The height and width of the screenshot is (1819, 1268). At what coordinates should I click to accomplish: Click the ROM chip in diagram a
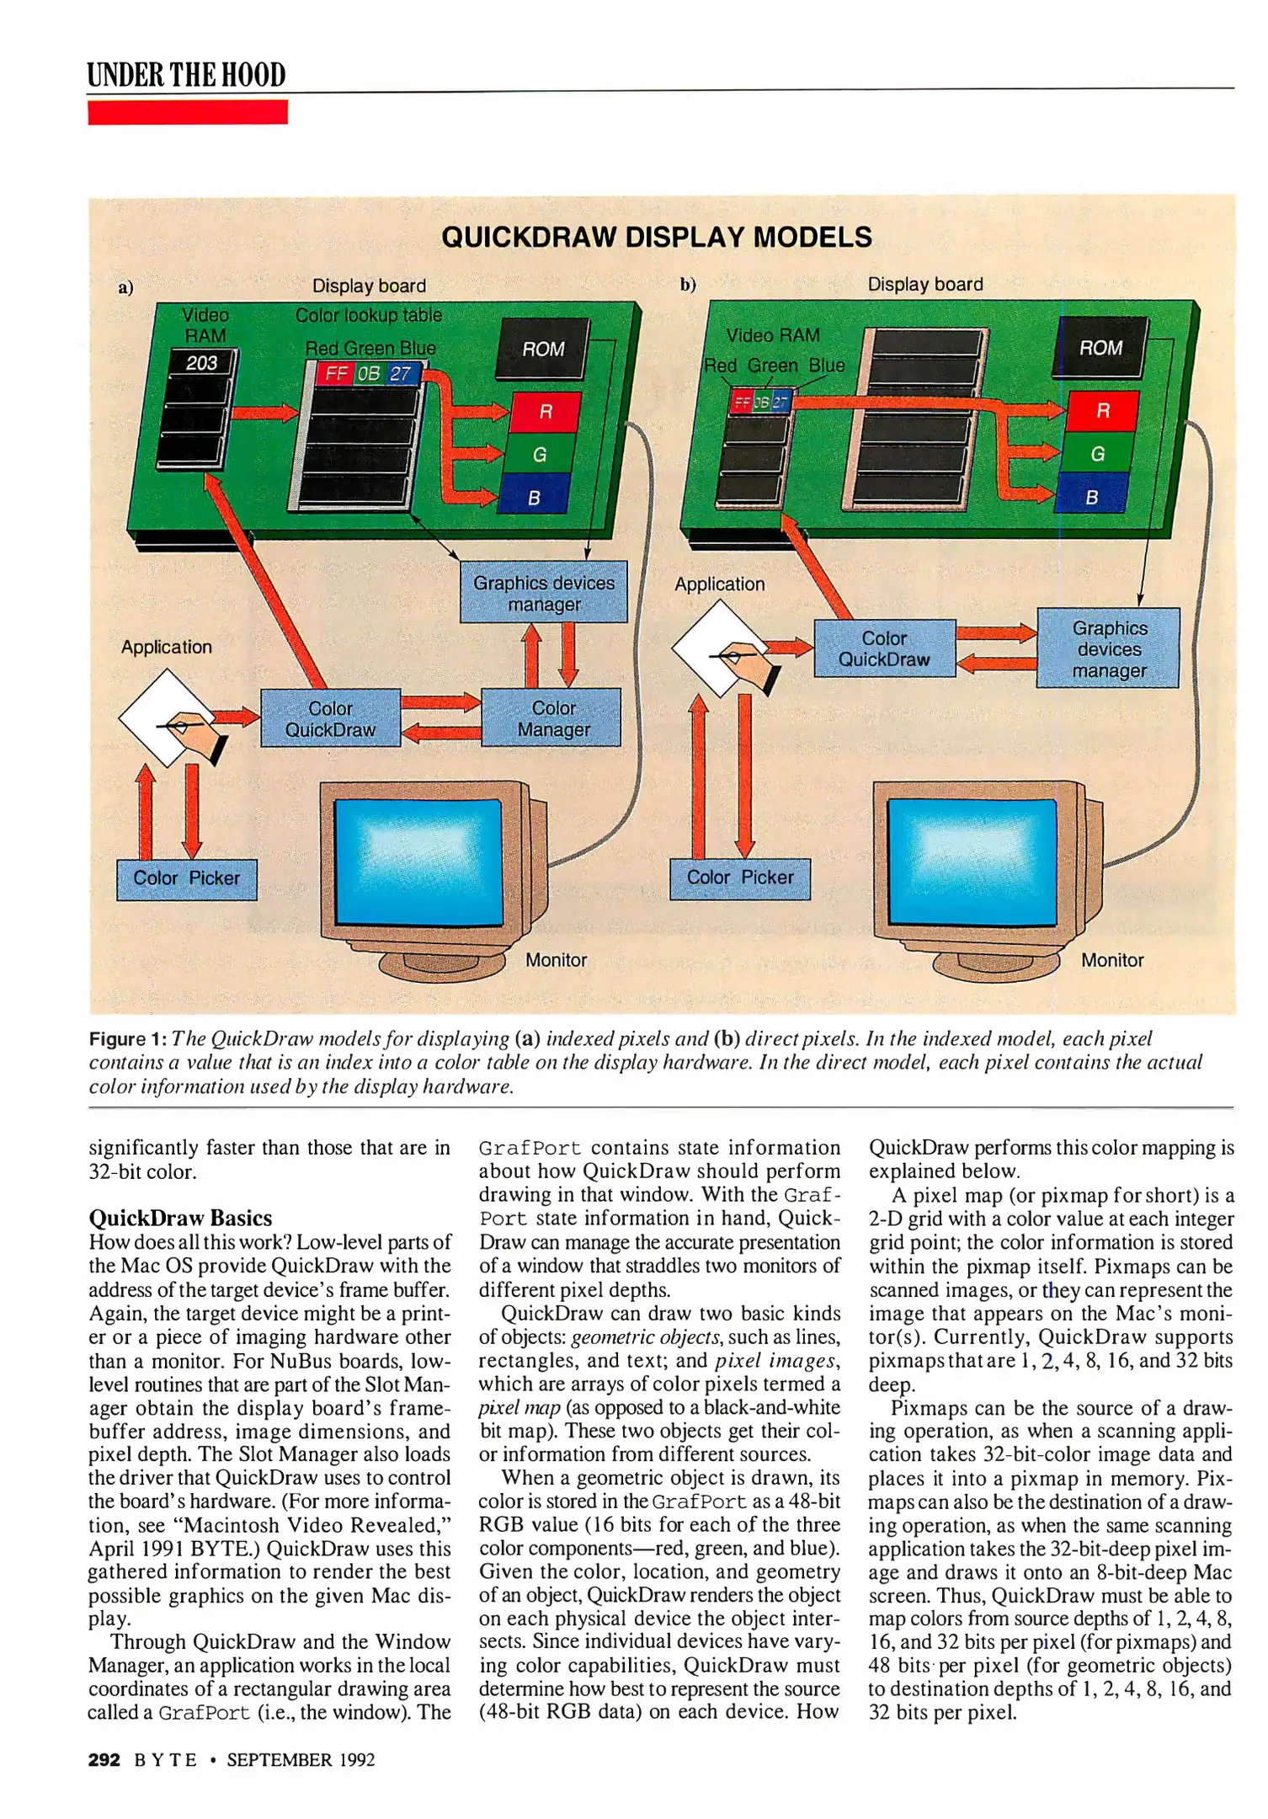[x=542, y=348]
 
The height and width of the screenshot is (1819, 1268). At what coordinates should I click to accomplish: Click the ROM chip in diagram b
[x=1100, y=347]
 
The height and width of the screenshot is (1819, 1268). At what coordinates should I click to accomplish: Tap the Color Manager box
[x=552, y=718]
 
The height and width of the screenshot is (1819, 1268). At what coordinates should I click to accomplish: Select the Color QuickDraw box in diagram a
[x=330, y=718]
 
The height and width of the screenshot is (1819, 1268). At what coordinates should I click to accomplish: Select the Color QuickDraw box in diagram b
[x=884, y=648]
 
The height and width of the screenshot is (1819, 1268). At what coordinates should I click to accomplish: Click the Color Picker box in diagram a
[x=186, y=878]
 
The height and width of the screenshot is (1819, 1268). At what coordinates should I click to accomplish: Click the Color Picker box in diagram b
[x=739, y=877]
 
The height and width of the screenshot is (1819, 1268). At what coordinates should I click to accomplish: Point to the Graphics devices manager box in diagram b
[x=1108, y=648]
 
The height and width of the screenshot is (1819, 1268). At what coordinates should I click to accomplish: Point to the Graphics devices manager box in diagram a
[x=543, y=593]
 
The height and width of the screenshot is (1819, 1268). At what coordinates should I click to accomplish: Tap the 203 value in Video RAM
[x=202, y=363]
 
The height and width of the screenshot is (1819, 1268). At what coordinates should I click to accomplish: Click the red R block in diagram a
[x=546, y=412]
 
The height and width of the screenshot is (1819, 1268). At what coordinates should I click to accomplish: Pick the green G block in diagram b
[x=1097, y=454]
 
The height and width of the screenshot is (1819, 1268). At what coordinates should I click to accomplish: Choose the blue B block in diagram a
[x=534, y=497]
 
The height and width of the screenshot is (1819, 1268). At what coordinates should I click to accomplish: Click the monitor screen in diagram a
[x=418, y=861]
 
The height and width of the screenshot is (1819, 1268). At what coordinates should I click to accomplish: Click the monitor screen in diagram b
[x=972, y=861]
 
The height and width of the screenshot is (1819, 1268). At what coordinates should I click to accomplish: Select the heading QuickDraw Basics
[x=180, y=1218]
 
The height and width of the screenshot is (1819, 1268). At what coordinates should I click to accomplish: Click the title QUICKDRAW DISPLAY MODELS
[x=657, y=237]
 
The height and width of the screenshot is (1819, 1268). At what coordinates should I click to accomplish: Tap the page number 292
[x=104, y=1759]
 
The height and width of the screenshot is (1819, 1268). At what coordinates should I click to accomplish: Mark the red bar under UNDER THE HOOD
[x=187, y=112]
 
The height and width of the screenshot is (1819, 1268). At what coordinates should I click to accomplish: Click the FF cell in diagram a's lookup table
[x=336, y=373]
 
